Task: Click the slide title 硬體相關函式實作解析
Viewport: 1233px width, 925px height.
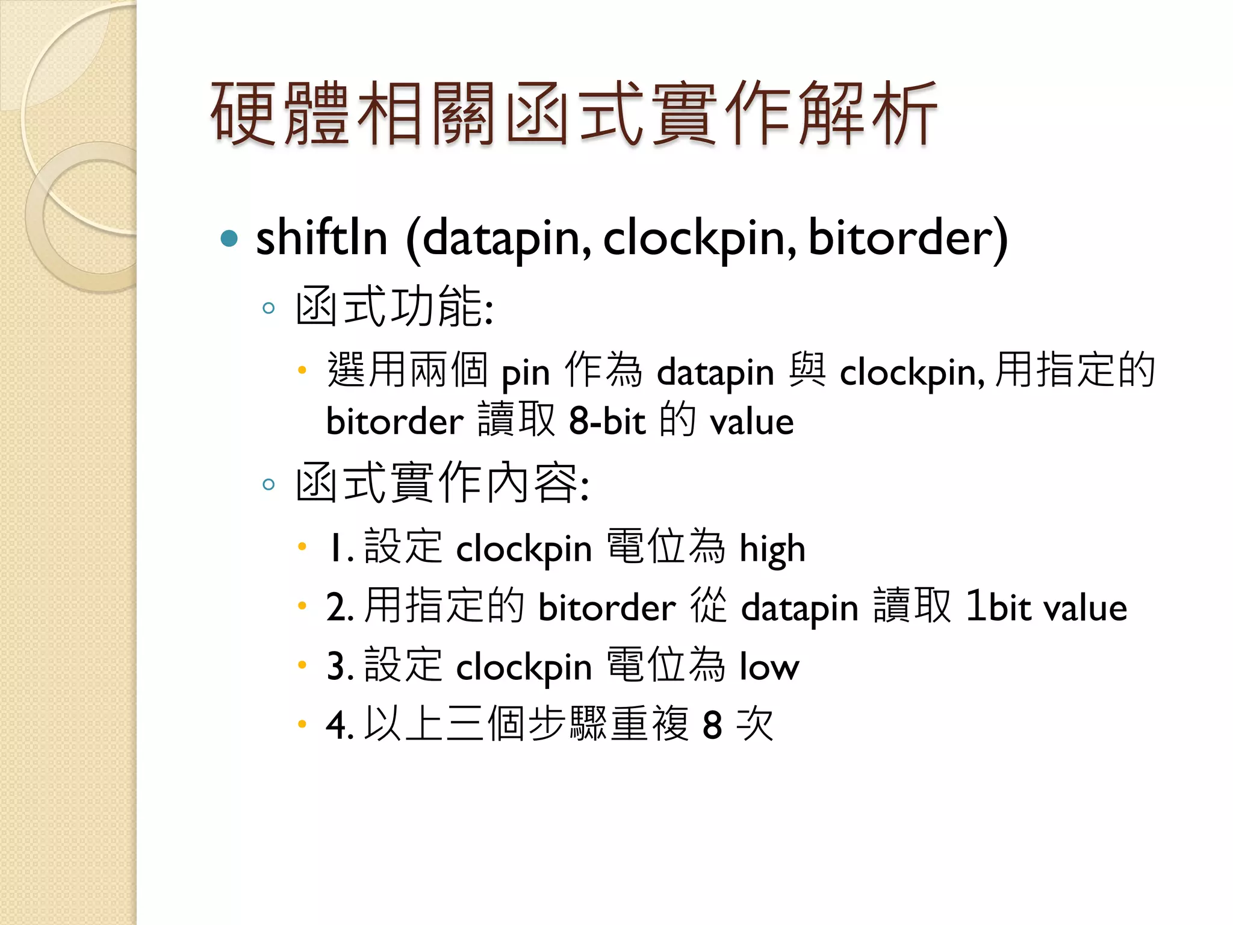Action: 574,114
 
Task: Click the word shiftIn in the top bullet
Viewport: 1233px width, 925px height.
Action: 321,238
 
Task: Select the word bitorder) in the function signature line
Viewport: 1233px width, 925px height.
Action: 907,238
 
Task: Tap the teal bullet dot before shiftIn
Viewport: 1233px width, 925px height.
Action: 229,239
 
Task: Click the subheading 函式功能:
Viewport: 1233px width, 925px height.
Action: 394,307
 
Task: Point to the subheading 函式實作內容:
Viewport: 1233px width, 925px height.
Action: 443,483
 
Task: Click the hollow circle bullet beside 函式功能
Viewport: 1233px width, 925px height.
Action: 269,309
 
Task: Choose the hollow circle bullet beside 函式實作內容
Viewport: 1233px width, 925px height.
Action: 269,484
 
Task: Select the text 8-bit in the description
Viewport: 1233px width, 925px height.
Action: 607,421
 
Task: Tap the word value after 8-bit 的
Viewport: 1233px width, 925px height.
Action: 751,422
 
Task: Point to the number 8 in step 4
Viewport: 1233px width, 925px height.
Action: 712,725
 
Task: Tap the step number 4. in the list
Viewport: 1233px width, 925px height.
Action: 339,725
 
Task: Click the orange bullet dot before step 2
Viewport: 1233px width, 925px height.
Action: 302,606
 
